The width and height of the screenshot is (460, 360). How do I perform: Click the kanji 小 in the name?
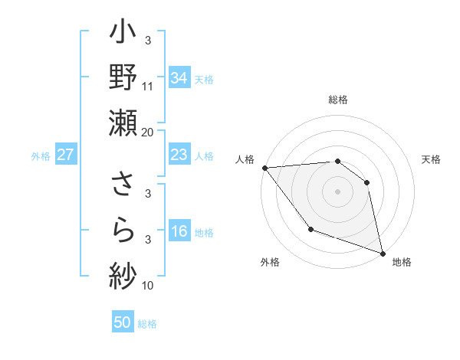123,36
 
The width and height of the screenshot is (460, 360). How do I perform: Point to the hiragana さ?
123,184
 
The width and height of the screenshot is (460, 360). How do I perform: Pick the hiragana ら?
123,228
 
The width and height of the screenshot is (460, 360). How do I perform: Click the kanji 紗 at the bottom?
123,273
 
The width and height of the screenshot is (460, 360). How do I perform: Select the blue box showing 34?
179,77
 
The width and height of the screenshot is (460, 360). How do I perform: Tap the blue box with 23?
179,155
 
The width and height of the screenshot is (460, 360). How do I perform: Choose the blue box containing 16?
179,232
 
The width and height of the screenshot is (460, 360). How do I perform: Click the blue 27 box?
66,155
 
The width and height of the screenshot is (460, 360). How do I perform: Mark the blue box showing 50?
123,322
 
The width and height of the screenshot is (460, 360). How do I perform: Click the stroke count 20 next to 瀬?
148,132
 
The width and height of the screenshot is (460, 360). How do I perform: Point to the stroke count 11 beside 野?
148,87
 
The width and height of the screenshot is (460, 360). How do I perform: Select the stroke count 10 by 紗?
148,286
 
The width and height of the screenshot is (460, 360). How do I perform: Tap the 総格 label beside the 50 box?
147,324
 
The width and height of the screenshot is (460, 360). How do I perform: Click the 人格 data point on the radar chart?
264,167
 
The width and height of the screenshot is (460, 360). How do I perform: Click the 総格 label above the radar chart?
337,100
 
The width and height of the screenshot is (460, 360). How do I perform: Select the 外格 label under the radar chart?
270,262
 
